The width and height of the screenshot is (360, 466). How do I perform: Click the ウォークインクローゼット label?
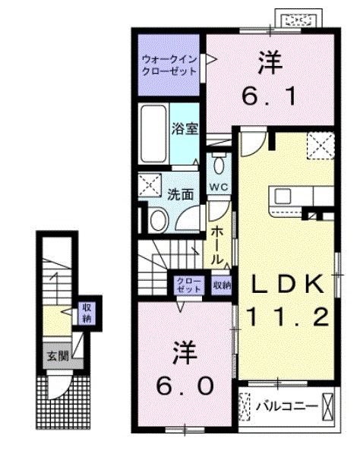click(168, 64)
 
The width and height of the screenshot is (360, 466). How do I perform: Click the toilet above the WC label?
click(219, 164)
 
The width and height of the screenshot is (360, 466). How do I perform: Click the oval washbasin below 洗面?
click(159, 221)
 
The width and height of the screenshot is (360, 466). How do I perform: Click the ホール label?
click(217, 243)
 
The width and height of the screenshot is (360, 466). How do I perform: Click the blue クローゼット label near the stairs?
click(189, 285)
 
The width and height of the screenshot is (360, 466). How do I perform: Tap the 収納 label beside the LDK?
click(222, 285)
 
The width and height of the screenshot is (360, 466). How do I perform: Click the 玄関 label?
click(52, 355)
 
